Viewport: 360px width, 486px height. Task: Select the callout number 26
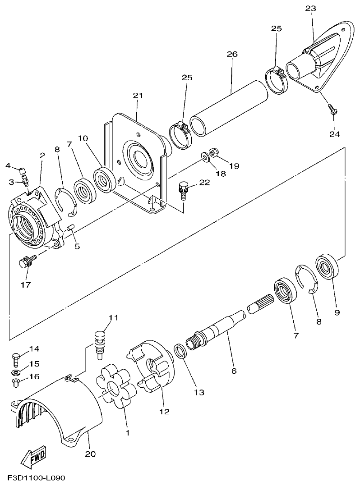[x=232, y=54]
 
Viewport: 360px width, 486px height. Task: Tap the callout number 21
[x=138, y=96]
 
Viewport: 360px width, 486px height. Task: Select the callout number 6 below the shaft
[x=234, y=371]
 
